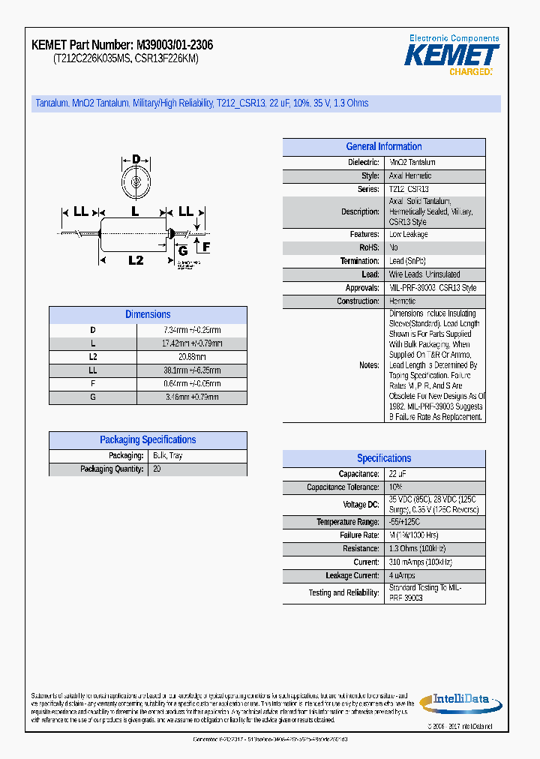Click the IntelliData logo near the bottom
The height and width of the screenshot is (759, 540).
tap(460, 700)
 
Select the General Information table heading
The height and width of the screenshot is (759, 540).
tap(383, 147)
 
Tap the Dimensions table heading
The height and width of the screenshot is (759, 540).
tap(148, 315)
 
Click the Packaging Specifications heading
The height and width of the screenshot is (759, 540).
tap(148, 440)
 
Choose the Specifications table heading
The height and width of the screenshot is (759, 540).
tap(383, 458)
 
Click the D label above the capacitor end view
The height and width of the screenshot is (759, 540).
tap(136, 159)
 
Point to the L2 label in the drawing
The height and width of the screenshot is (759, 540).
tap(136, 260)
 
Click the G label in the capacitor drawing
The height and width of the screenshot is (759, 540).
tap(182, 250)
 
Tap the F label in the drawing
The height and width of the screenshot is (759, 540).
tap(206, 246)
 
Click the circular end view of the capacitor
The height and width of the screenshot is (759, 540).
tap(136, 181)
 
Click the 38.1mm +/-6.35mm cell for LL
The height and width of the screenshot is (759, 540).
tap(192, 370)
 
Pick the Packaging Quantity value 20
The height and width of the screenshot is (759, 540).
tap(157, 469)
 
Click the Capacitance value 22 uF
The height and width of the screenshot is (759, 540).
tap(397, 474)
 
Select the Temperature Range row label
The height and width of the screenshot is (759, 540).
tap(347, 522)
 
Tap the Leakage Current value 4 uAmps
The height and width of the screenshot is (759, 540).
tap(402, 576)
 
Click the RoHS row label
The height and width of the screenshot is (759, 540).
tap(369, 247)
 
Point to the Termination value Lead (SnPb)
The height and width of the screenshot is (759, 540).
tap(407, 261)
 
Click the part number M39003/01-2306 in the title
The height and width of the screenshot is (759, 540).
tap(174, 46)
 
